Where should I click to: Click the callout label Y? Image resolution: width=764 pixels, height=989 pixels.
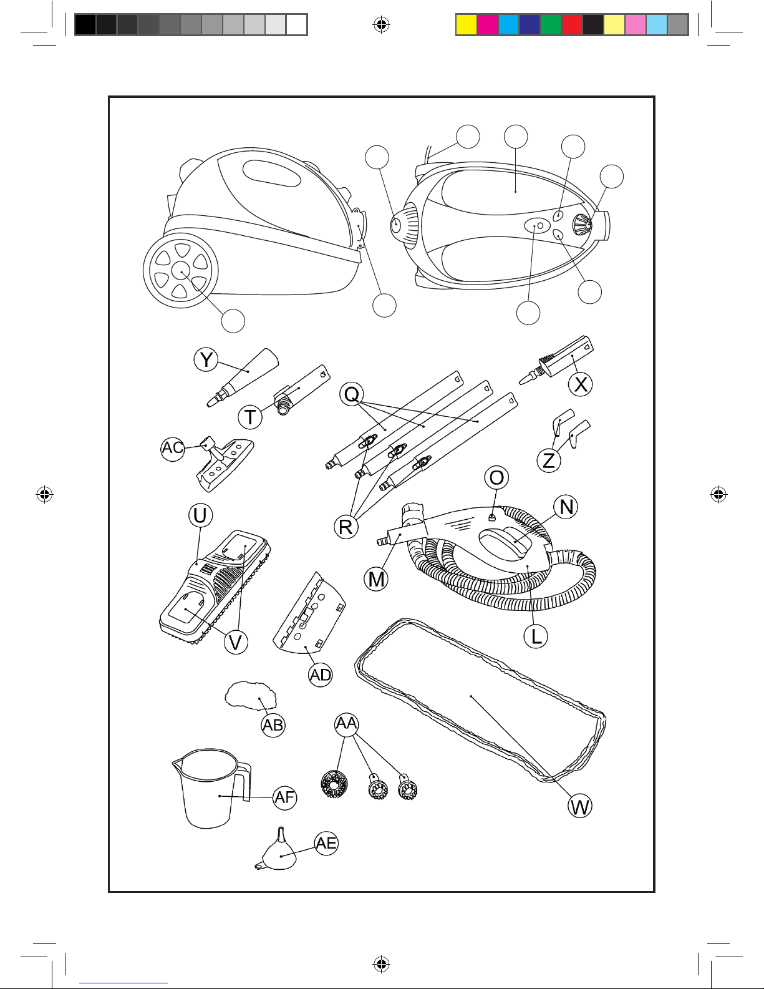206,360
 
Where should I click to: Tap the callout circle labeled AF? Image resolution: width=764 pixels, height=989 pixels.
285,797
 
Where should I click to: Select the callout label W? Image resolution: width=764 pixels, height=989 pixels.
580,807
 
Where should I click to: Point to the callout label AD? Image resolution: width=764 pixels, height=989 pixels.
321,675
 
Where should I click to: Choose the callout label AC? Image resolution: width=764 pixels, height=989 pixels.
173,448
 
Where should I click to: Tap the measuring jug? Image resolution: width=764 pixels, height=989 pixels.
209,789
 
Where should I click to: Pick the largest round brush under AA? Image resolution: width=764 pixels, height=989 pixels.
334,785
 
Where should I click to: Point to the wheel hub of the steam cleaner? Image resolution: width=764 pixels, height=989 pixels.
181,271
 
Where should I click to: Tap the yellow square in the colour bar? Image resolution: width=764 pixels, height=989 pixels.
466,24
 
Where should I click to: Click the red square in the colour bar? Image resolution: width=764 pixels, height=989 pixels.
572,24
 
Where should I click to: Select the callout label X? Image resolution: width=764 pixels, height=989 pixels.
581,384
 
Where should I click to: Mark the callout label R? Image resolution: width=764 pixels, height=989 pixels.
346,527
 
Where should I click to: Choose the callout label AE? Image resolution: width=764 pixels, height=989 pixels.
326,844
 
